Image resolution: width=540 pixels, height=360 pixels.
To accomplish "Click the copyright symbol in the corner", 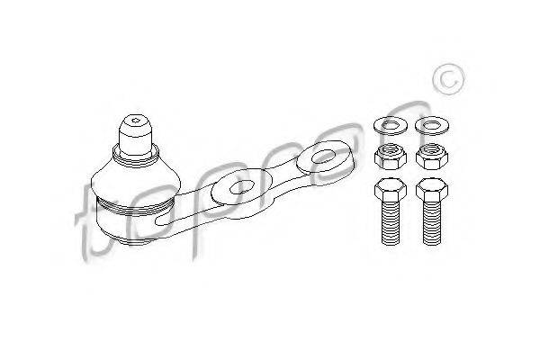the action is [x=448, y=79].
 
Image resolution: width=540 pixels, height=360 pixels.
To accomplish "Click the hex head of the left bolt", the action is [x=391, y=190].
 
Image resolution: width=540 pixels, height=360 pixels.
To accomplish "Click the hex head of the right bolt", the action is [x=432, y=190].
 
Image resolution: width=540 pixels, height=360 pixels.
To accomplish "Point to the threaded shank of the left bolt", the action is [x=391, y=223].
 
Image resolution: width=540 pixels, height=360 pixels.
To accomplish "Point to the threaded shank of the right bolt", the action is [x=432, y=223].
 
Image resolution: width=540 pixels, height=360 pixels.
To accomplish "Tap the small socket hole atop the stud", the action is [x=135, y=121].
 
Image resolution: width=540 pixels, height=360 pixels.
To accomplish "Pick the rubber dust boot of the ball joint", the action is [x=136, y=183].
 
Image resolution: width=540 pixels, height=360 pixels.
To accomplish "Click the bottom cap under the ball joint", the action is [x=136, y=241].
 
